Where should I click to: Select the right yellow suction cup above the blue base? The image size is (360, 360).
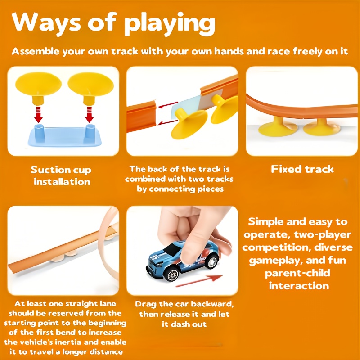coord(90,88)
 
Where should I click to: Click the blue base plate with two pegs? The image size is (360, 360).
coord(65,136)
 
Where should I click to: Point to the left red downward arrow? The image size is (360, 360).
coord(38,115)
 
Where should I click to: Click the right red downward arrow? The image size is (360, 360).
coord(89,115)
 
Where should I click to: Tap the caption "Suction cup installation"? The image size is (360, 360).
coord(61,176)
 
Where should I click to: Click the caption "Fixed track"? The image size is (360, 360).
coord(302,169)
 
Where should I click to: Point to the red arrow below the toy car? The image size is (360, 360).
coord(199,281)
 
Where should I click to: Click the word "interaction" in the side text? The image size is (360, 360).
coord(299,286)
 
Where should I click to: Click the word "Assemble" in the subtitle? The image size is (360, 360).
coord(36,51)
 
